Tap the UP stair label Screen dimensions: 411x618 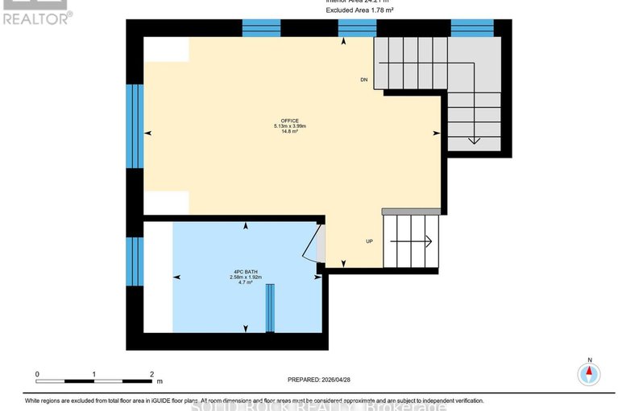369,240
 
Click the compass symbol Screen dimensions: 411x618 589,373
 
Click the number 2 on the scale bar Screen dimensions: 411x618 151,375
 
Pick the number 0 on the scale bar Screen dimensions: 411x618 37,375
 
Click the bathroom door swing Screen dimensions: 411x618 314,245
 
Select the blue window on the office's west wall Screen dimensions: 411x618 135,125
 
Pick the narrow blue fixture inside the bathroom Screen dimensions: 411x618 271,307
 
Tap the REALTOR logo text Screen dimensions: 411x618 35,17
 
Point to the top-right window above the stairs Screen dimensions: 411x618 472,28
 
